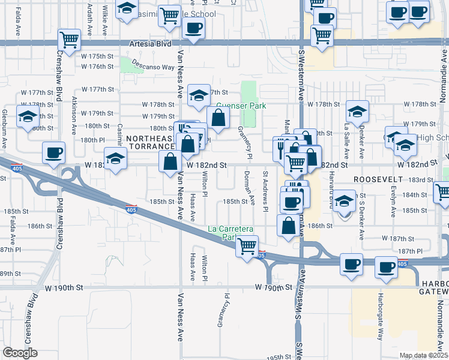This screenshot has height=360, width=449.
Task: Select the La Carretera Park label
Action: pos(232,233)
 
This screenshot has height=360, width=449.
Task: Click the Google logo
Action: pos(20,353)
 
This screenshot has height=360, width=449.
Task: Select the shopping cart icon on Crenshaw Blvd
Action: pos(70,40)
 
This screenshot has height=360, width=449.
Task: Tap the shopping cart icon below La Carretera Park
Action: pos(247,245)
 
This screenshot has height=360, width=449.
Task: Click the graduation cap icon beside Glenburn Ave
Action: pos(27,117)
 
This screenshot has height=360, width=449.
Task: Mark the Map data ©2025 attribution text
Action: pos(423,355)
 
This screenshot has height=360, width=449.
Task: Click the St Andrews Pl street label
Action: pos(265,191)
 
